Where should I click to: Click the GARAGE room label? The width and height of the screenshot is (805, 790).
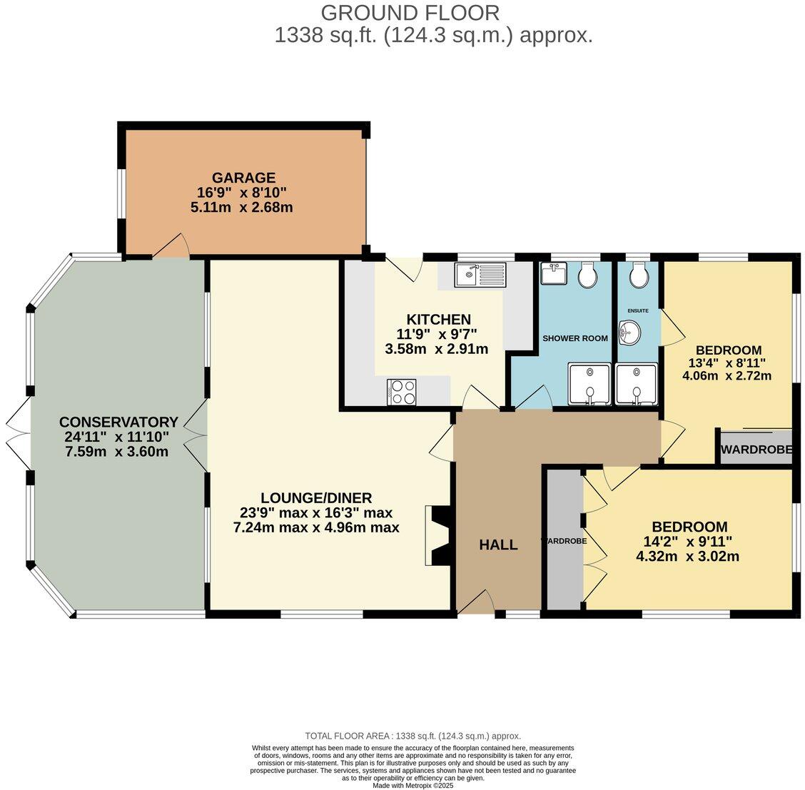pos(244,178)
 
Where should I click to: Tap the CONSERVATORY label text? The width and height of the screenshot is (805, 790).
pos(118,422)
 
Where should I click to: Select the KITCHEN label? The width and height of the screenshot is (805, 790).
pos(438,319)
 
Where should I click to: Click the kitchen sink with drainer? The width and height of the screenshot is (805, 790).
pos(480,275)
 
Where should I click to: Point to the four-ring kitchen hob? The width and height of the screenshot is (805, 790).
pos(402,392)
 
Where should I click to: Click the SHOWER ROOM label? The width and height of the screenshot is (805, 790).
pos(575,338)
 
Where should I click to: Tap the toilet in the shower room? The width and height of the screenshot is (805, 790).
pos(587,275)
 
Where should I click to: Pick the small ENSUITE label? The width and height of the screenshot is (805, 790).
pos(638,310)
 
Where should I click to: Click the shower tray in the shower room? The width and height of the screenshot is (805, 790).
pos(589,384)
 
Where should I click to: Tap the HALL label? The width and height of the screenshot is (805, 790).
pos(499,545)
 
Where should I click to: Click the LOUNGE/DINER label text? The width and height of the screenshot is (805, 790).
pos(316,498)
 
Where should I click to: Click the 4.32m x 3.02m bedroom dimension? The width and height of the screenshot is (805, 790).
pos(688,556)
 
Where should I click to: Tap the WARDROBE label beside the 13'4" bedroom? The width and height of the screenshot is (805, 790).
pos(756,450)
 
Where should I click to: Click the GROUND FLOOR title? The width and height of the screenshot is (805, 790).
pos(410,13)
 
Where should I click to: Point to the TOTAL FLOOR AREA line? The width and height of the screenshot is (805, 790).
pos(413,736)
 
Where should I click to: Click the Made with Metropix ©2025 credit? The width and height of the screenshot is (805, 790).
pos(413,786)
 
